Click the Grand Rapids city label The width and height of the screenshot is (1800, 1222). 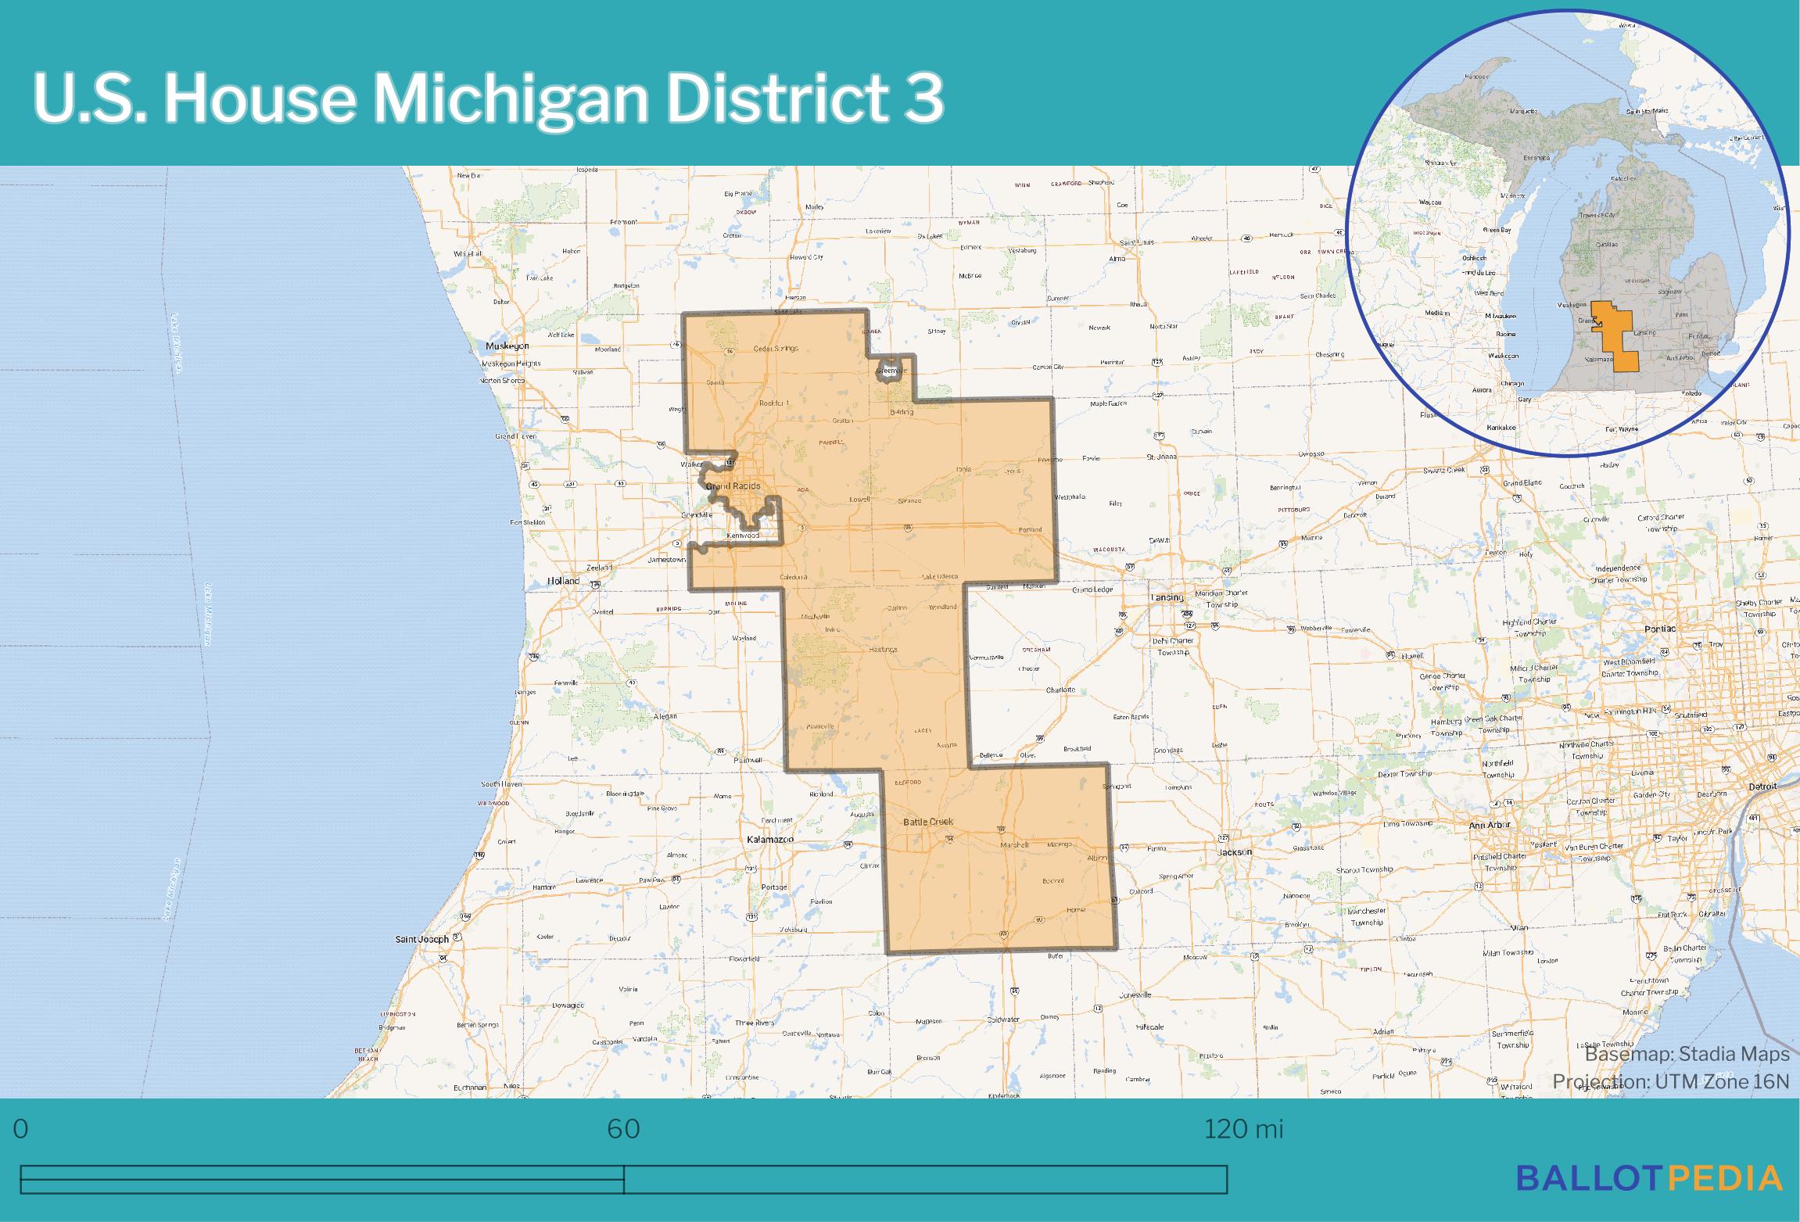coord(733,486)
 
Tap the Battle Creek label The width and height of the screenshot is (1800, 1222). coord(928,822)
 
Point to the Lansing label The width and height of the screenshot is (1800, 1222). coord(1167,597)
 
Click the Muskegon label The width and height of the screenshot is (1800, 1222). coord(507,346)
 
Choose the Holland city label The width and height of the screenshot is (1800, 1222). coord(563,581)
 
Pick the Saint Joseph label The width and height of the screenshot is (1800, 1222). coord(421,938)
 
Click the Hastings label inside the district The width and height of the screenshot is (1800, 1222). coord(883,649)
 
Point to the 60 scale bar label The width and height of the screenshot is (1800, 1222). coord(623,1130)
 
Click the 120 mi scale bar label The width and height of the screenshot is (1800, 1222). coord(1243,1130)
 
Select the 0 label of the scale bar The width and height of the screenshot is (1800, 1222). coord(21,1130)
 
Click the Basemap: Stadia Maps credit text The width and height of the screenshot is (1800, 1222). coord(1687,1054)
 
